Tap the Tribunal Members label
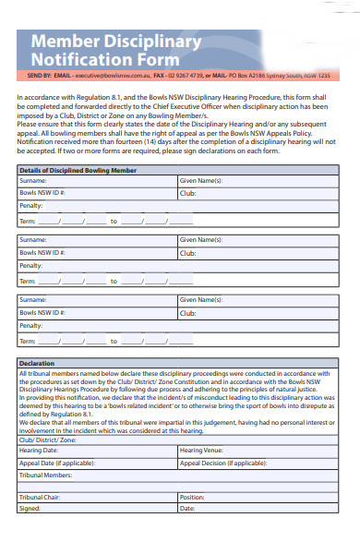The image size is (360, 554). click(45, 475)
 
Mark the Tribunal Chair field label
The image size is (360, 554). click(40, 497)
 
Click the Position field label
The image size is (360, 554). click(192, 497)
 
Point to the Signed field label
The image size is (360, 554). click(30, 508)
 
